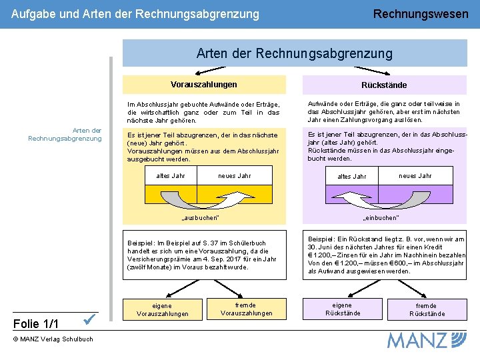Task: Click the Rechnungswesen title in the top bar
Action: coord(421,14)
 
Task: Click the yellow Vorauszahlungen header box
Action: coord(204,85)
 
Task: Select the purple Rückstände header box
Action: coord(384,85)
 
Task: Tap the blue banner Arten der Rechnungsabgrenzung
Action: coord(294,53)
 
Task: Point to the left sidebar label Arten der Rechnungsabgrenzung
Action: coord(65,134)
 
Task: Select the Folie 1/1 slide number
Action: coord(36,324)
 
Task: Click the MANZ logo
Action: coord(427,339)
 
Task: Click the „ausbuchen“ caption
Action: coord(200,218)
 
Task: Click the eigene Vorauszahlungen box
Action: coord(163,309)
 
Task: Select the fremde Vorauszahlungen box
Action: coord(247,309)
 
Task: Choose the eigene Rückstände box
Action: coord(343,309)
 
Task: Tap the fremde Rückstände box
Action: coord(427,309)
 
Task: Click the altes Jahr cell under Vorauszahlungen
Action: coord(171,175)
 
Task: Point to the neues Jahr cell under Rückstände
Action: coord(415,175)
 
